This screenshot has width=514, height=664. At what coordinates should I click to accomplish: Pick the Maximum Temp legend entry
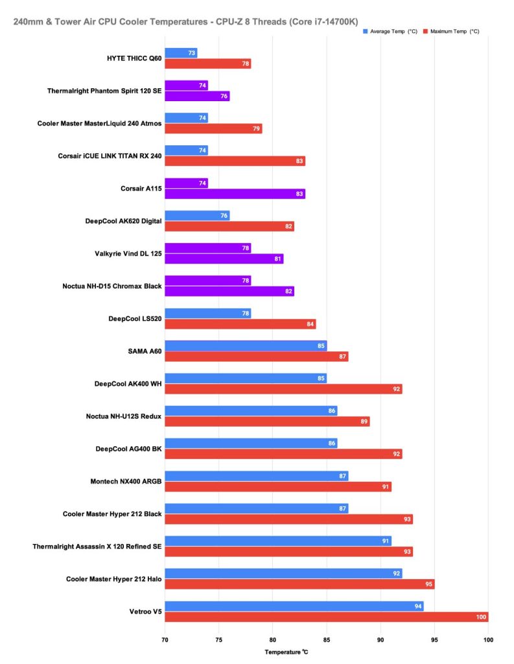(x=454, y=31)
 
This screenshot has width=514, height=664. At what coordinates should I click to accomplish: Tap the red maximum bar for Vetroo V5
(x=326, y=617)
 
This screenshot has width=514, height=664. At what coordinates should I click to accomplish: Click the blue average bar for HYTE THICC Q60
(x=181, y=53)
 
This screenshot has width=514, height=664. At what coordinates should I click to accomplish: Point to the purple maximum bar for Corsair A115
(x=235, y=194)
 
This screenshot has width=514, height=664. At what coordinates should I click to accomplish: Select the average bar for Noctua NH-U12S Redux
(x=251, y=410)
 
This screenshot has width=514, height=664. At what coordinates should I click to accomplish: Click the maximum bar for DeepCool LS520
(x=240, y=324)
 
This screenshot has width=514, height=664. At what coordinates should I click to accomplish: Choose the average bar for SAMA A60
(x=246, y=346)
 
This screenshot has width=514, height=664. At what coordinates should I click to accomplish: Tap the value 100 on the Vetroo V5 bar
(x=481, y=617)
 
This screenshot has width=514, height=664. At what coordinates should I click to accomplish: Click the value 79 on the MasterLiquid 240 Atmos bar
(x=257, y=129)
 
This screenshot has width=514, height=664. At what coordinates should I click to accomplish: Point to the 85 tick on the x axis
(x=327, y=637)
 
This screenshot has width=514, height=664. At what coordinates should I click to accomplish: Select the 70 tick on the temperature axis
(x=165, y=637)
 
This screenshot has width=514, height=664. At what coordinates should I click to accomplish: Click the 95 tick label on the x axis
(x=434, y=637)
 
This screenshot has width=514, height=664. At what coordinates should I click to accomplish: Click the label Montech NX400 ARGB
(x=123, y=481)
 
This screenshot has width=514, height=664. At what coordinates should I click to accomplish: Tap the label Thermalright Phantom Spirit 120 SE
(x=104, y=91)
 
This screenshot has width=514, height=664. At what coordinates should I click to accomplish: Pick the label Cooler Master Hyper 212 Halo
(x=113, y=578)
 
